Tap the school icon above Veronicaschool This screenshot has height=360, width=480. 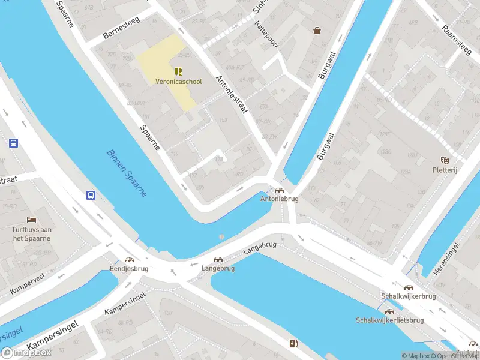[x=178, y=71]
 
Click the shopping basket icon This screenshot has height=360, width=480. [x=317, y=30]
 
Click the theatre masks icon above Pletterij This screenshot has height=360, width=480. [x=445, y=160]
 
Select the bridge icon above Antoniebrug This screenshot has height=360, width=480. [x=279, y=190]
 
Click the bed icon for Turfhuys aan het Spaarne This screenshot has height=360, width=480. [x=31, y=220]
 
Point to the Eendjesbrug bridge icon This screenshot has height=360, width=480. [x=128, y=260]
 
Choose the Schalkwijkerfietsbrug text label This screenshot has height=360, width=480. [x=389, y=320]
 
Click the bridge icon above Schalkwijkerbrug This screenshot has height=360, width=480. [x=409, y=287]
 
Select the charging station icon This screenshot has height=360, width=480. [x=293, y=343]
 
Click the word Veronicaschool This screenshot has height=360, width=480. [x=178, y=82]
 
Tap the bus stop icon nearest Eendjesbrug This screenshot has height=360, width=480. [x=91, y=195]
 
